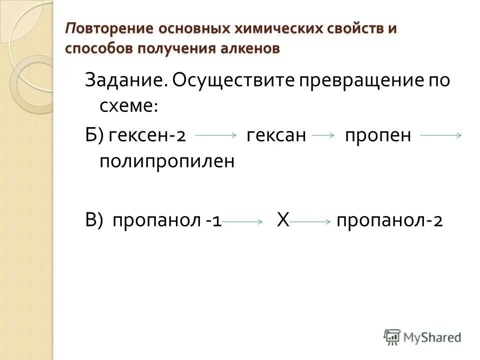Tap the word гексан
pos(276,135)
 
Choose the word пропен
pos(378,135)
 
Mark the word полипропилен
pos(167,161)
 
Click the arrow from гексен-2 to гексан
pos(216,135)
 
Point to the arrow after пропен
pos(440,135)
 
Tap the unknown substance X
pos(283,220)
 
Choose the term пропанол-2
pos(389,220)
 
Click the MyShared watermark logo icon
pos(392,337)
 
